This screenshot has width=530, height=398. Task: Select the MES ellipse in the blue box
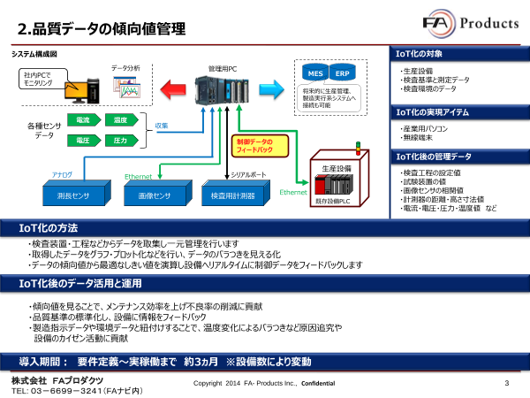pyautogui.click(x=314, y=72)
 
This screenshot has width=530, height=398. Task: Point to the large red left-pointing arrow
pyautogui.click(x=182, y=88)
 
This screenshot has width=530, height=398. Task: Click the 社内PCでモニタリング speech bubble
pyautogui.click(x=40, y=79)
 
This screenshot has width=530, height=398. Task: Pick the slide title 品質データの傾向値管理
pyautogui.click(x=101, y=30)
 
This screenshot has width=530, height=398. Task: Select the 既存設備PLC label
pyautogui.click(x=332, y=202)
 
